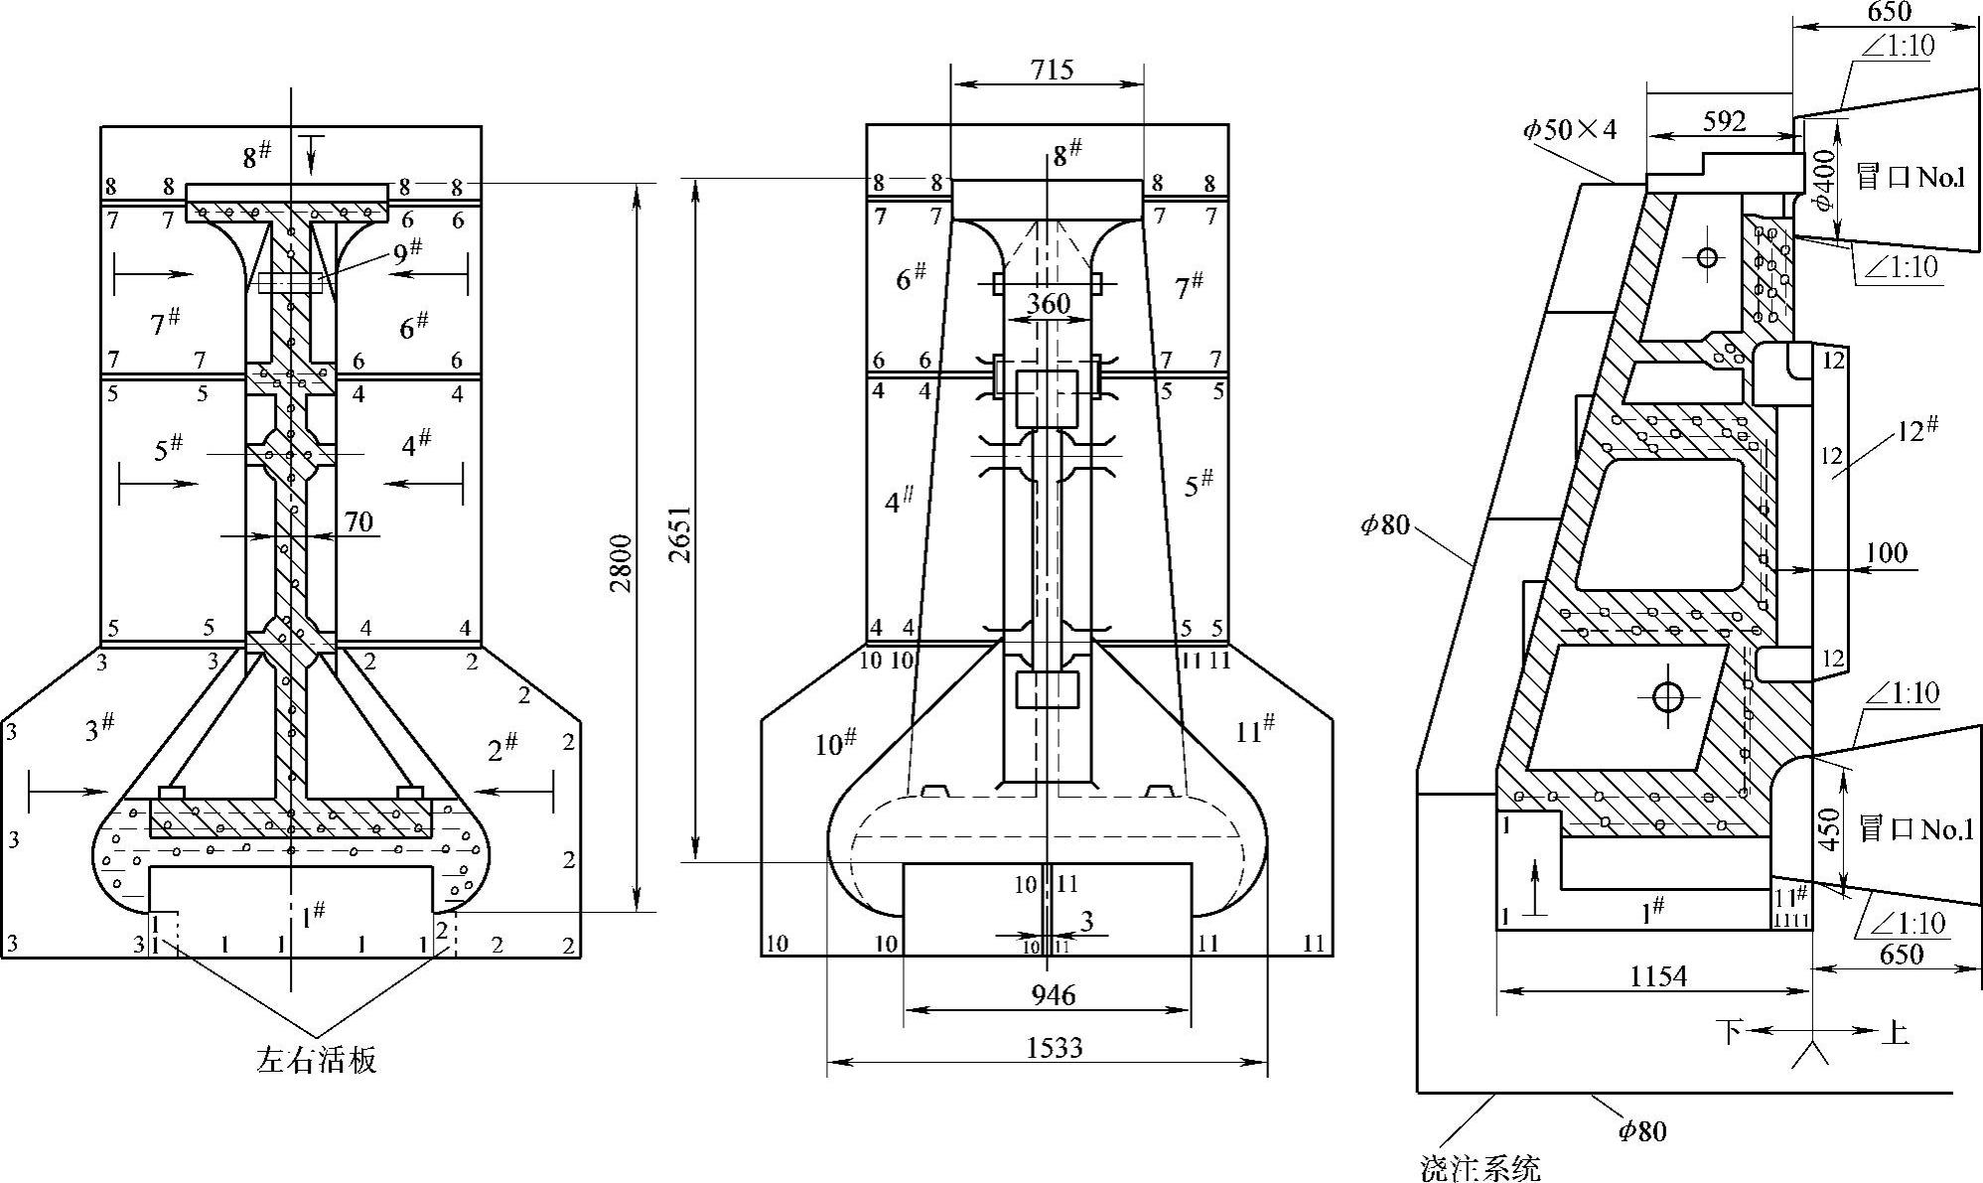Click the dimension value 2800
tap(621, 562)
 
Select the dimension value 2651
tap(680, 534)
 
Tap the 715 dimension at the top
tap(1052, 70)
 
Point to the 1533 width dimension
tap(1054, 1047)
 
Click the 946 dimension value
tap(1052, 994)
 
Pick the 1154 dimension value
tap(1657, 976)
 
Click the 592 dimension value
tap(1724, 121)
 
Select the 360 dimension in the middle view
tap(1048, 303)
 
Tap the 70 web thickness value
tap(358, 520)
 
